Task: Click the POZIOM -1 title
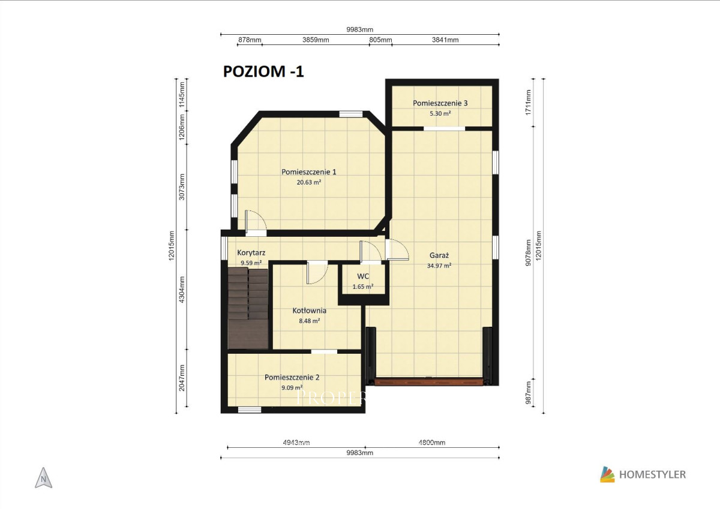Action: coord(263,71)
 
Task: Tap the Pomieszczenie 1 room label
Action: coord(309,172)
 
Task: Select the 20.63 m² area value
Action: coord(309,182)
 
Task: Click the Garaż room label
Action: coord(439,255)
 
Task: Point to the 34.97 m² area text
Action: coord(439,266)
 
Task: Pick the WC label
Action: coord(363,276)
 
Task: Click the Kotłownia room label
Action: coord(309,311)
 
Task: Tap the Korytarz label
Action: coord(251,253)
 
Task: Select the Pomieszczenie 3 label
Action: coord(440,103)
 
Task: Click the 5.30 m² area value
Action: coord(440,114)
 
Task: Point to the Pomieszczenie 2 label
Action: coord(292,378)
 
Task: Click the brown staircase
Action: coord(248,309)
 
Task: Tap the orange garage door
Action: coord(429,381)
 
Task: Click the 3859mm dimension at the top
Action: coord(316,40)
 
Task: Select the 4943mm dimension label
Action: coord(296,443)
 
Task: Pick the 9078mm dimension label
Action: coord(528,253)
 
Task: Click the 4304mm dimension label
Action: coord(182,290)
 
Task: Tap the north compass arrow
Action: coord(43,478)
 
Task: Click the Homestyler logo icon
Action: coord(607,475)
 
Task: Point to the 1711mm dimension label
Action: coord(528,103)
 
